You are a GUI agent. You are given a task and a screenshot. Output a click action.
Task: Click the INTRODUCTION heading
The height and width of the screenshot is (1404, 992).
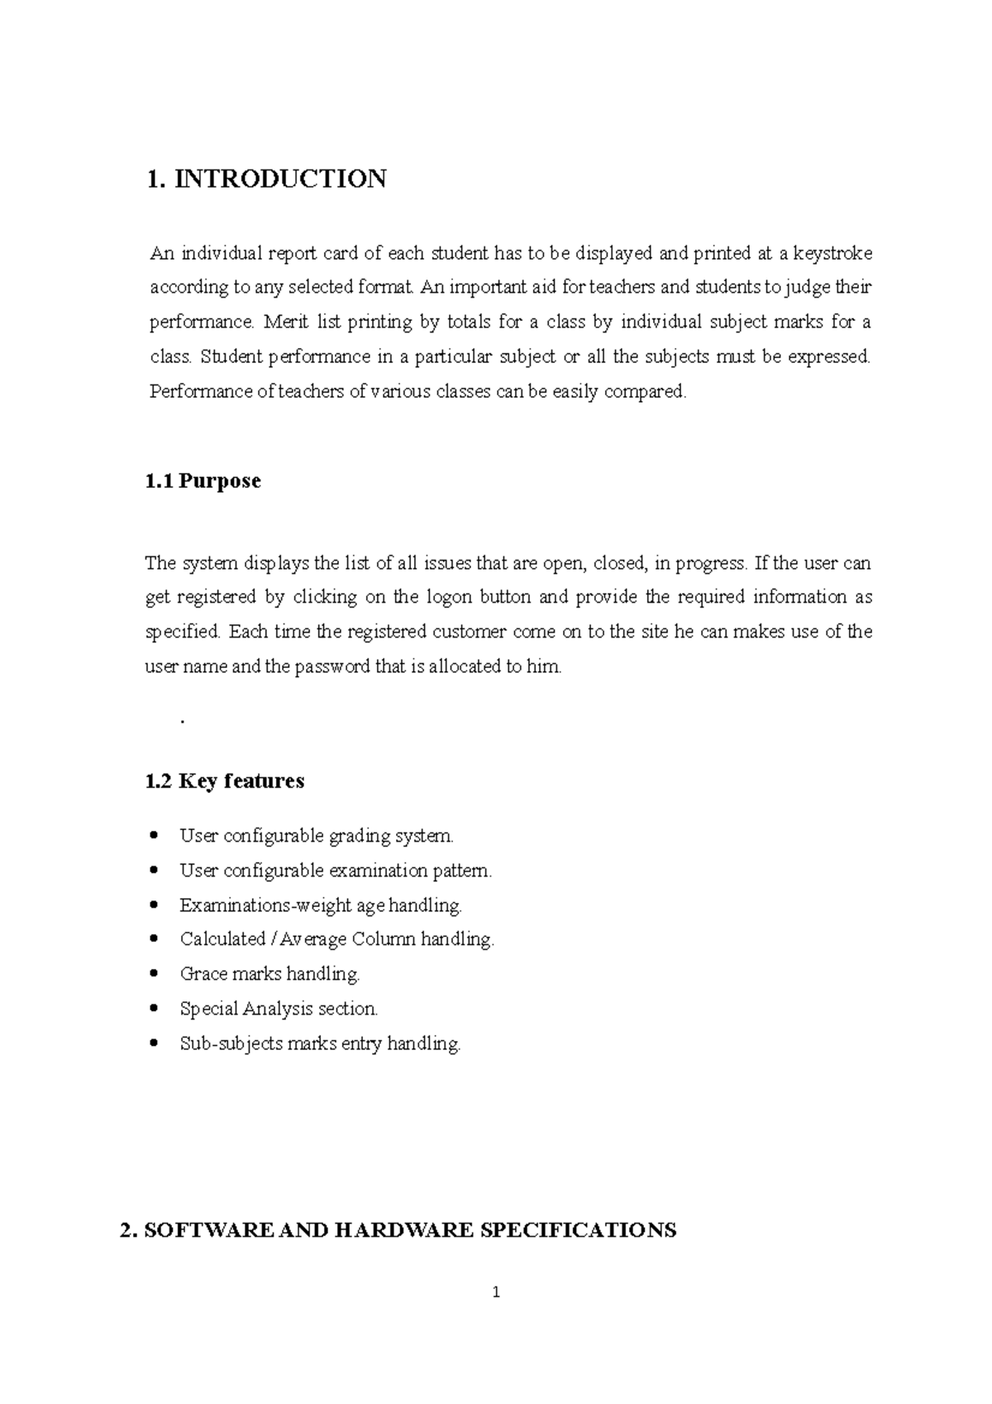[x=279, y=179]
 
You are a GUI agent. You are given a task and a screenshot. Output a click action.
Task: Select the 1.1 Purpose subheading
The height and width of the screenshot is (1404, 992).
[x=203, y=481]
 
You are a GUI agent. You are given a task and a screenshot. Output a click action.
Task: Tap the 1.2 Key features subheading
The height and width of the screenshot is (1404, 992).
[x=224, y=781]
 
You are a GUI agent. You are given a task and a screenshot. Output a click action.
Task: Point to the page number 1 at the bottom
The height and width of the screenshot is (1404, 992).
[x=496, y=1292]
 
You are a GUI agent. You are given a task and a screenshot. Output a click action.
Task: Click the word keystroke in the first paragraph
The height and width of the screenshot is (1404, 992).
[x=832, y=253]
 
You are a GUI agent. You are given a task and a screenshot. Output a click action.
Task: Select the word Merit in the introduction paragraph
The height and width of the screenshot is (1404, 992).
[x=286, y=322]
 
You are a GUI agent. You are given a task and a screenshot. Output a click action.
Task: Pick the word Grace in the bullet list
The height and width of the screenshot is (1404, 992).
[x=203, y=974]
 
